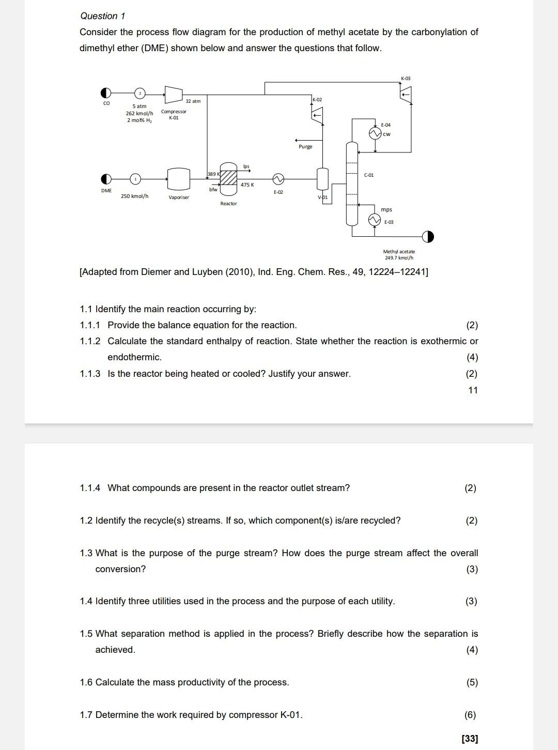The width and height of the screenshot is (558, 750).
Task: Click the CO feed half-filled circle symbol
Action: point(106,93)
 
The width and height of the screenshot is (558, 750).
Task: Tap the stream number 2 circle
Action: point(139,94)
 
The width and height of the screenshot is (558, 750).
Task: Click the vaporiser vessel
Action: point(179,179)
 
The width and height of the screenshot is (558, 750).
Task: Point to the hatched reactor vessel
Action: point(228,179)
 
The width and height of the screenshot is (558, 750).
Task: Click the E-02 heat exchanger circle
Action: point(278,179)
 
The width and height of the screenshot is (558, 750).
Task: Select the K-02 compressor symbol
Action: point(317,115)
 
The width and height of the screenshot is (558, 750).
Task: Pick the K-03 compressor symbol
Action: point(406,93)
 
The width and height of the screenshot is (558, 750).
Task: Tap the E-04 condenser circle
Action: point(375,134)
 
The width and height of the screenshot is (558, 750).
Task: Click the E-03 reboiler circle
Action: point(374,220)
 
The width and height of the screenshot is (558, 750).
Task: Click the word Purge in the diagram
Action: point(305,147)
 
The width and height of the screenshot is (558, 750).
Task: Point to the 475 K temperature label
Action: point(247,185)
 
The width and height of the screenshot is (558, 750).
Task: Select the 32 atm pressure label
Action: point(193,101)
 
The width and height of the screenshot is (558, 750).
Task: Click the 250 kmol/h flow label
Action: point(134,196)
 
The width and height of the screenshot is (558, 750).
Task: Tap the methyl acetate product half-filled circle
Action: point(428,237)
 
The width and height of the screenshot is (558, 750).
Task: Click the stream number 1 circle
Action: point(135,179)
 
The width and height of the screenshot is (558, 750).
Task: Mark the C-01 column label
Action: point(369,175)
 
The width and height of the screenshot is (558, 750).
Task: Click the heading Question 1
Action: point(102,16)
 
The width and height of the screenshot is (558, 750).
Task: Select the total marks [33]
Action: point(470,739)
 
